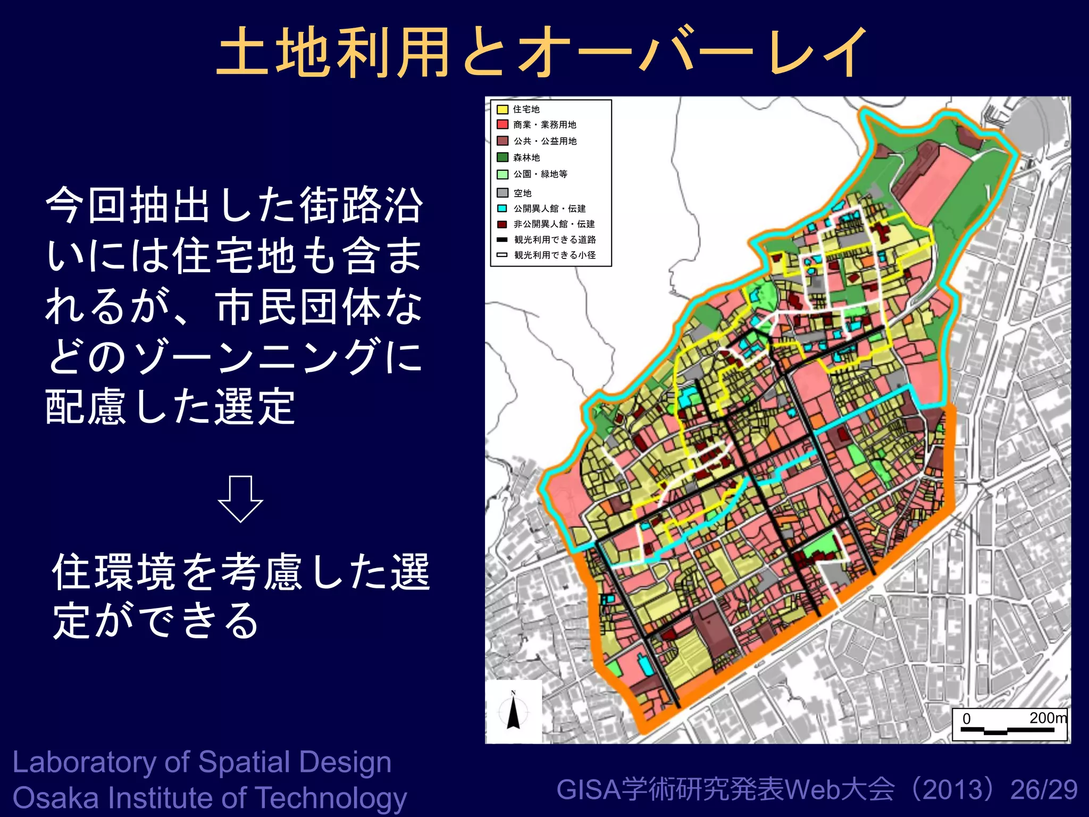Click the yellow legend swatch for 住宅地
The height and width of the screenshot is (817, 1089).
(502, 110)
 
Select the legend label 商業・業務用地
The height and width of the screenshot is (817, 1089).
(544, 125)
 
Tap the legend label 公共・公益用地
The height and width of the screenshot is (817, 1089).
(545, 141)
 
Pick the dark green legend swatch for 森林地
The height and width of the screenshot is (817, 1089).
(502, 157)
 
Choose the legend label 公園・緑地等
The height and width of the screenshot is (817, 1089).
(540, 174)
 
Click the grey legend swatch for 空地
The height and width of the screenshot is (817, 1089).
(502, 193)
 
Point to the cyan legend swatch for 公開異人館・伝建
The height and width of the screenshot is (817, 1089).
(502, 209)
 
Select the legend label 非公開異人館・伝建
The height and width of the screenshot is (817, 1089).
(554, 224)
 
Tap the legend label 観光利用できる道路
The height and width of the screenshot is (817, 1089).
(555, 239)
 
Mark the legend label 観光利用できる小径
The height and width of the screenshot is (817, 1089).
(555, 255)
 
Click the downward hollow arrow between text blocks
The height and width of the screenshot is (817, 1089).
(240, 498)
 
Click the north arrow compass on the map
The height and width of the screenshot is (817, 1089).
(513, 711)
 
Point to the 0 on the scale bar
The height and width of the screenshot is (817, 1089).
(967, 719)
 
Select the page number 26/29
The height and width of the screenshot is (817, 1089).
(1044, 790)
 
